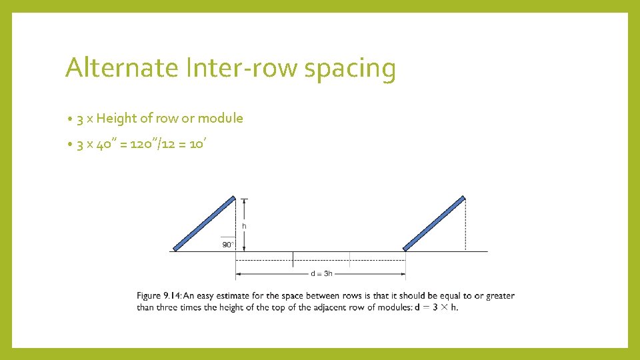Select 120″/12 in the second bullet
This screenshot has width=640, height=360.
coord(154,145)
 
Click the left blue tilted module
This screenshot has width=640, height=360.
coord(204,223)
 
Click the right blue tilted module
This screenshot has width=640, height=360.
coord(435,223)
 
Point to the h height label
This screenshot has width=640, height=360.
coord(245,226)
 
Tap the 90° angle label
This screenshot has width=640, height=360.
coord(228,245)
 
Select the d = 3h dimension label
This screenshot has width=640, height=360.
coord(321,273)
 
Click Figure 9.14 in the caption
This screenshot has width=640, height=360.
coord(159,296)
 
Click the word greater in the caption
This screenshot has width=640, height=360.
coord(500,296)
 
